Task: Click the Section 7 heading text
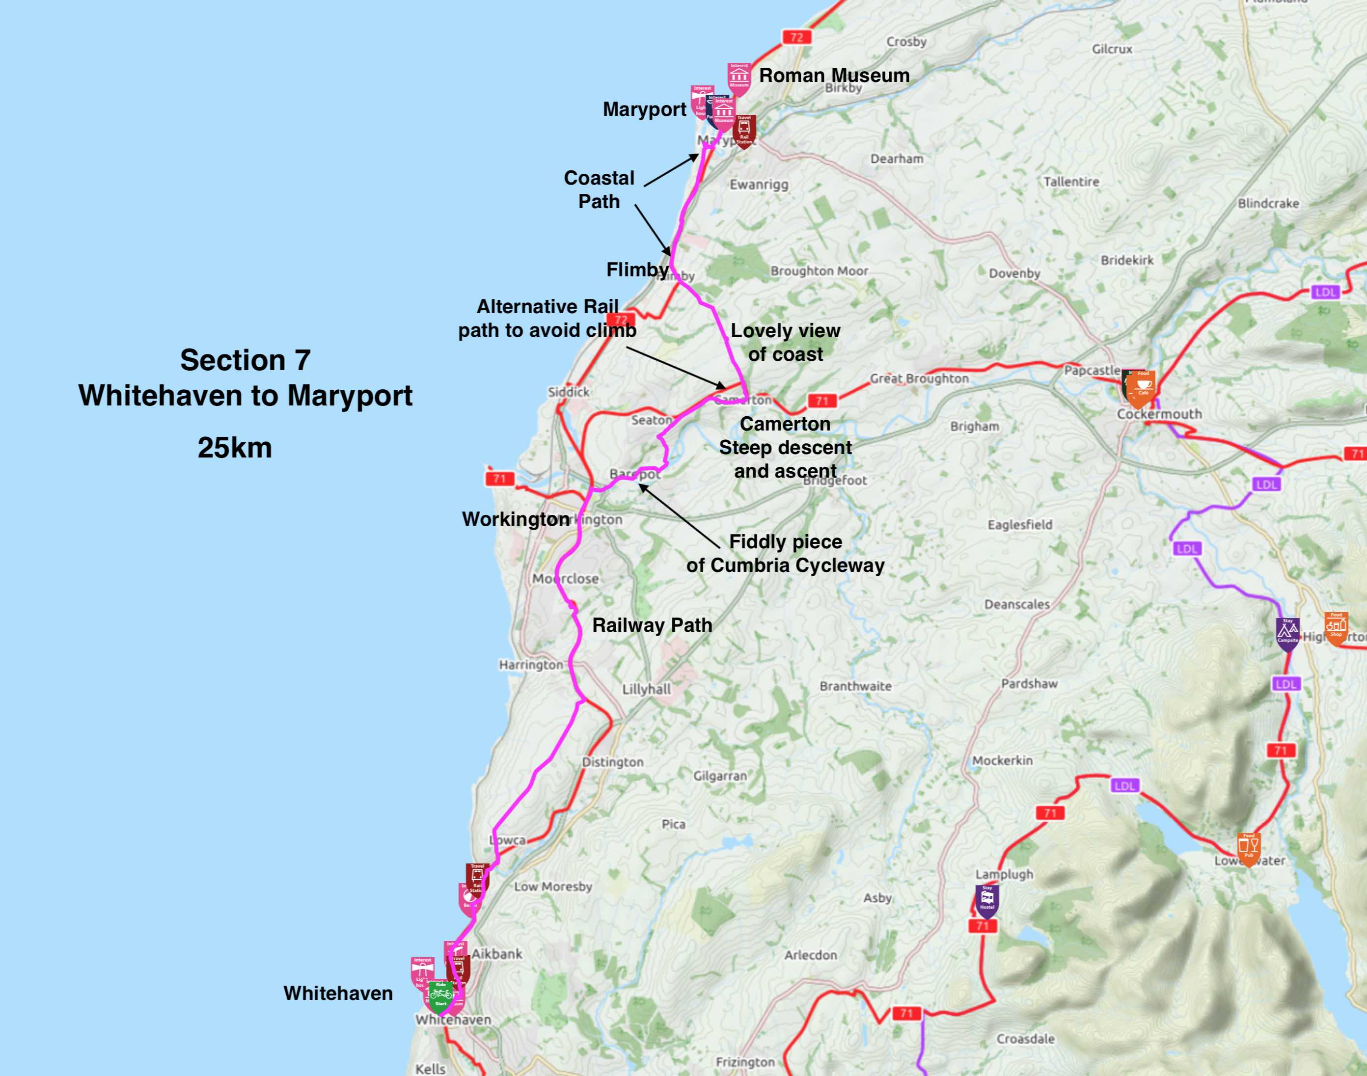(x=245, y=360)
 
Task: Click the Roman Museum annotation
(x=834, y=76)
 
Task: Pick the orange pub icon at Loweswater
(x=1248, y=847)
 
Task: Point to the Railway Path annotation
(x=652, y=625)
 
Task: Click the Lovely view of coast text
(x=785, y=342)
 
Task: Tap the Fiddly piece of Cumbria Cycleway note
(x=785, y=553)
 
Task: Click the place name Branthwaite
(x=855, y=686)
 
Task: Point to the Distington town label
(x=613, y=762)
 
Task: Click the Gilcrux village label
(x=1112, y=49)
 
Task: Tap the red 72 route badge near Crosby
(x=796, y=37)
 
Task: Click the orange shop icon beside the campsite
(x=1336, y=626)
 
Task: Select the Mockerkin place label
(x=1002, y=760)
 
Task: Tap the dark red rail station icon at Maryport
(x=744, y=129)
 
